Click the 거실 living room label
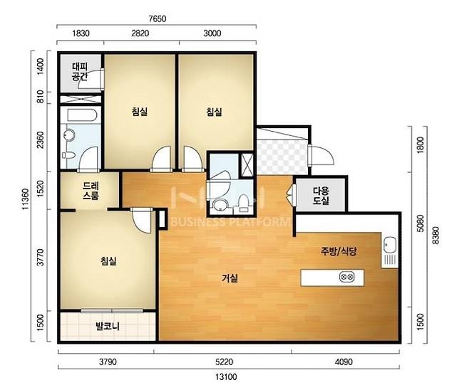click(230, 279)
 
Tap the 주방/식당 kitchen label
click(339, 251)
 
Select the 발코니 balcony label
click(108, 326)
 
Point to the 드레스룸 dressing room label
click(91, 191)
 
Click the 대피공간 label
click(80, 72)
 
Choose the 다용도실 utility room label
click(321, 196)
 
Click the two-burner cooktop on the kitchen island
click(347, 277)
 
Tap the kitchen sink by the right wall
click(390, 244)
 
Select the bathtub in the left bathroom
click(82, 115)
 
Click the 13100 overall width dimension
click(226, 376)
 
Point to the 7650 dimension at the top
click(158, 19)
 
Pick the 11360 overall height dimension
click(26, 199)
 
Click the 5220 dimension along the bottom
click(224, 362)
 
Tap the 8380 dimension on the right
click(436, 236)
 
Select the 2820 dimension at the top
click(140, 33)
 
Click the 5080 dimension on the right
click(421, 223)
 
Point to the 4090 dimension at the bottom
click(344, 362)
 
